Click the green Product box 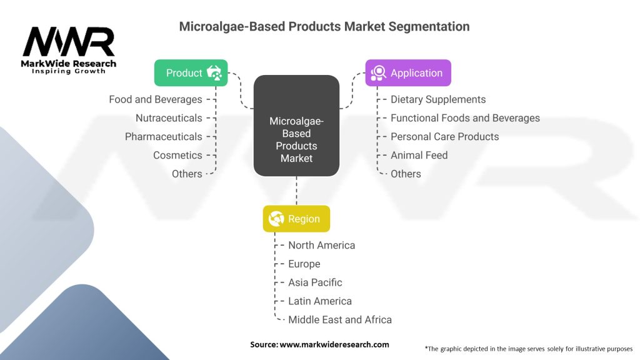coord(191,72)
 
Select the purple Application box coord(407,72)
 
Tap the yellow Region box coord(296,218)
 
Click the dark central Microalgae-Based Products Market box coord(296,125)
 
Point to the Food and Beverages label coord(156,99)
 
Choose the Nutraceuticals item coord(169,118)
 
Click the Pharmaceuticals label coord(164,136)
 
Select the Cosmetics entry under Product coord(177,155)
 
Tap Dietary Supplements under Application coord(438,99)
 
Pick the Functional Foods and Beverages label coord(465,118)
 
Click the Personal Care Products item coord(444,136)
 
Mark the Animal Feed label coord(419,155)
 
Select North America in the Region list coord(322,245)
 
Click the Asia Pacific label coord(315,282)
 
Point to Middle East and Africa coord(340,319)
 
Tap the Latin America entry coord(320,301)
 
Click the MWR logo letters coord(69,42)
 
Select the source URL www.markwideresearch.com coord(334,344)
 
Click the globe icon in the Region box coord(276,219)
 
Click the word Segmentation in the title coord(429,26)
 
